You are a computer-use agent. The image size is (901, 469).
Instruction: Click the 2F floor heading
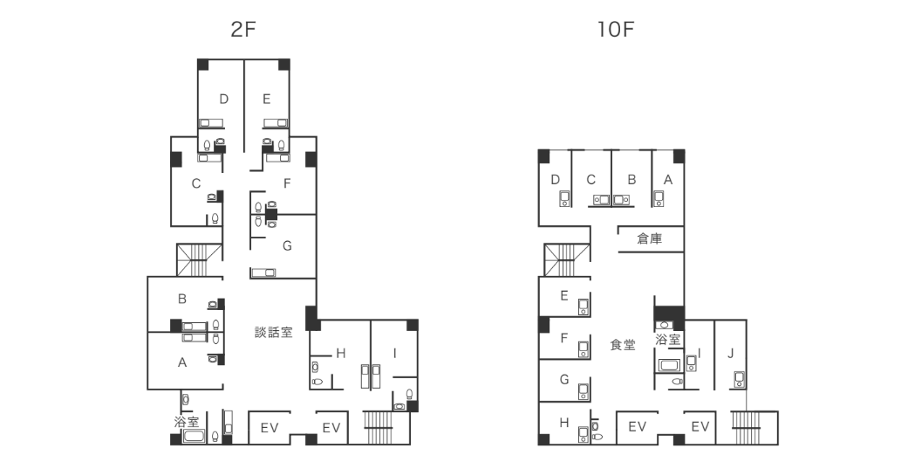pyautogui.click(x=243, y=29)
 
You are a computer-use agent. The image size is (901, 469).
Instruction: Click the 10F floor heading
pyautogui.click(x=614, y=29)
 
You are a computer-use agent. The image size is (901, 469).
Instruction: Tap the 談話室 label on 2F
pyautogui.click(x=273, y=332)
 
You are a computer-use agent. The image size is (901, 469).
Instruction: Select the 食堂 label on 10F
pyautogui.click(x=623, y=345)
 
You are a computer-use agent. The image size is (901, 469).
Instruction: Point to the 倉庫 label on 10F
pyautogui.click(x=649, y=238)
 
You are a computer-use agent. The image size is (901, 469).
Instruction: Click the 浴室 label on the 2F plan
pyautogui.click(x=187, y=422)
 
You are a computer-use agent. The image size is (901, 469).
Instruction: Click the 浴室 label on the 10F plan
pyautogui.click(x=668, y=340)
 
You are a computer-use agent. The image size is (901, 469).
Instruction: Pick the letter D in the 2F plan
pyautogui.click(x=224, y=99)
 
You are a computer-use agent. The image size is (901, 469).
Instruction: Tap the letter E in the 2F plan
pyautogui.click(x=266, y=99)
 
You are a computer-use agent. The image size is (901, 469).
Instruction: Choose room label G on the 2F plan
pyautogui.click(x=286, y=245)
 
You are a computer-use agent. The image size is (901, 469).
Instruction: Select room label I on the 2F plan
pyautogui.click(x=395, y=353)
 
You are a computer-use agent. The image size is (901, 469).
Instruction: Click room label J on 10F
pyautogui.click(x=731, y=353)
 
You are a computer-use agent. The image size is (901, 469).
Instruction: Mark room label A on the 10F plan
pyautogui.click(x=668, y=179)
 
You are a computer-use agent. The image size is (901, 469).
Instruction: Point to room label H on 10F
pyautogui.click(x=564, y=423)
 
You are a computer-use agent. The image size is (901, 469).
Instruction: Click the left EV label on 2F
pyautogui.click(x=269, y=428)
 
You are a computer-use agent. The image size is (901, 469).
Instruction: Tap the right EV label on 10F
pyautogui.click(x=700, y=426)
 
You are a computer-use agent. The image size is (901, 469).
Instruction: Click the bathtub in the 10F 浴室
pyautogui.click(x=669, y=365)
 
